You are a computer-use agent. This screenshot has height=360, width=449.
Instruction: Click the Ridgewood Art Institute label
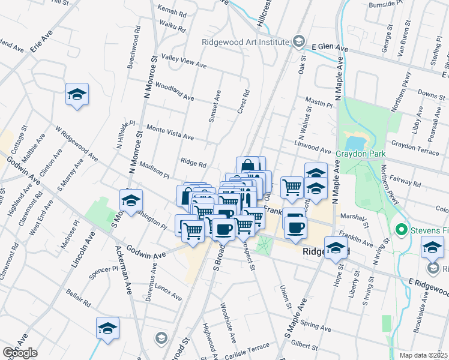[246, 42]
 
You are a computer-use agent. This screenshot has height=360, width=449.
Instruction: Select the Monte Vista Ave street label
[170, 133]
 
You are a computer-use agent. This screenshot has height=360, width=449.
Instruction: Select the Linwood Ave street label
[313, 148]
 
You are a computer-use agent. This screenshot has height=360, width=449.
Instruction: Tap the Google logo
[20, 353]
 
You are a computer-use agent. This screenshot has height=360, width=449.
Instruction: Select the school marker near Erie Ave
[77, 94]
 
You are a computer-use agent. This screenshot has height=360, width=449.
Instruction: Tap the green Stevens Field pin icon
[401, 229]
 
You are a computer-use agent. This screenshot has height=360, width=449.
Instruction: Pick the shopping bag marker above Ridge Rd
[248, 167]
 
